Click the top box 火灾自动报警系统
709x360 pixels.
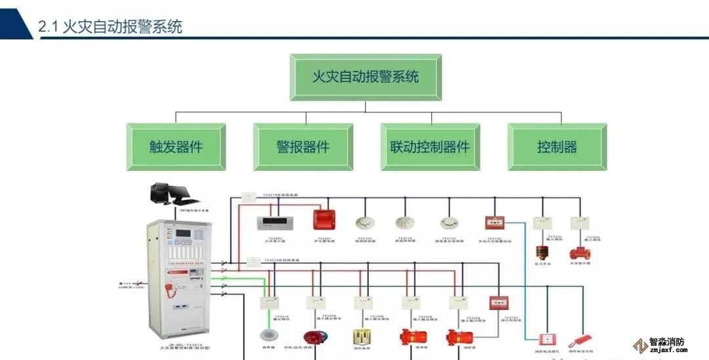(366, 77)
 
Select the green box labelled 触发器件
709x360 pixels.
(176, 146)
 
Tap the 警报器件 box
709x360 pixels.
(303, 146)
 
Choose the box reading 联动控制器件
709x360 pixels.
(430, 146)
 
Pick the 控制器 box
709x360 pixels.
(557, 146)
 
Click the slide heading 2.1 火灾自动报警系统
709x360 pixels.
(110, 27)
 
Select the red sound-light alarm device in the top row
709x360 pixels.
(324, 219)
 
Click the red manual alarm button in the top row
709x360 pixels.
(494, 223)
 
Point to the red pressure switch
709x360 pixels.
(542, 253)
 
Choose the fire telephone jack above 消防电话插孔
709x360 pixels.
(546, 340)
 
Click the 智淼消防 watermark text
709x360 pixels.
(666, 342)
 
